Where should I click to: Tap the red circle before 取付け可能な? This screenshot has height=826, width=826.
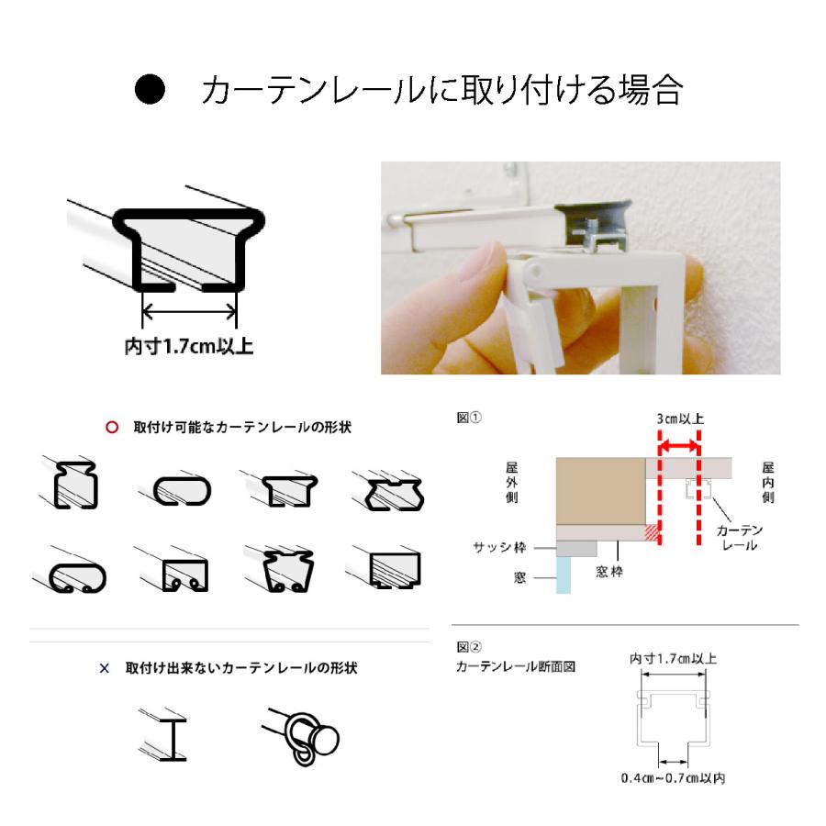click(x=112, y=428)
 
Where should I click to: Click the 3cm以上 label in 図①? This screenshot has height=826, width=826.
click(x=680, y=419)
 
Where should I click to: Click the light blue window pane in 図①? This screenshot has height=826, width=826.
click(x=564, y=576)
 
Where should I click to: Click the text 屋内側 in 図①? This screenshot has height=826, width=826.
click(x=767, y=482)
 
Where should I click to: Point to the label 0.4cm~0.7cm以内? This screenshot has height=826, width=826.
click(x=674, y=779)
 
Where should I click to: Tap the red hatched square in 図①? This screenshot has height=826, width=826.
click(x=652, y=531)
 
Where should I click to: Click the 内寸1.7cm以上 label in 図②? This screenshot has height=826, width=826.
click(x=674, y=659)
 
